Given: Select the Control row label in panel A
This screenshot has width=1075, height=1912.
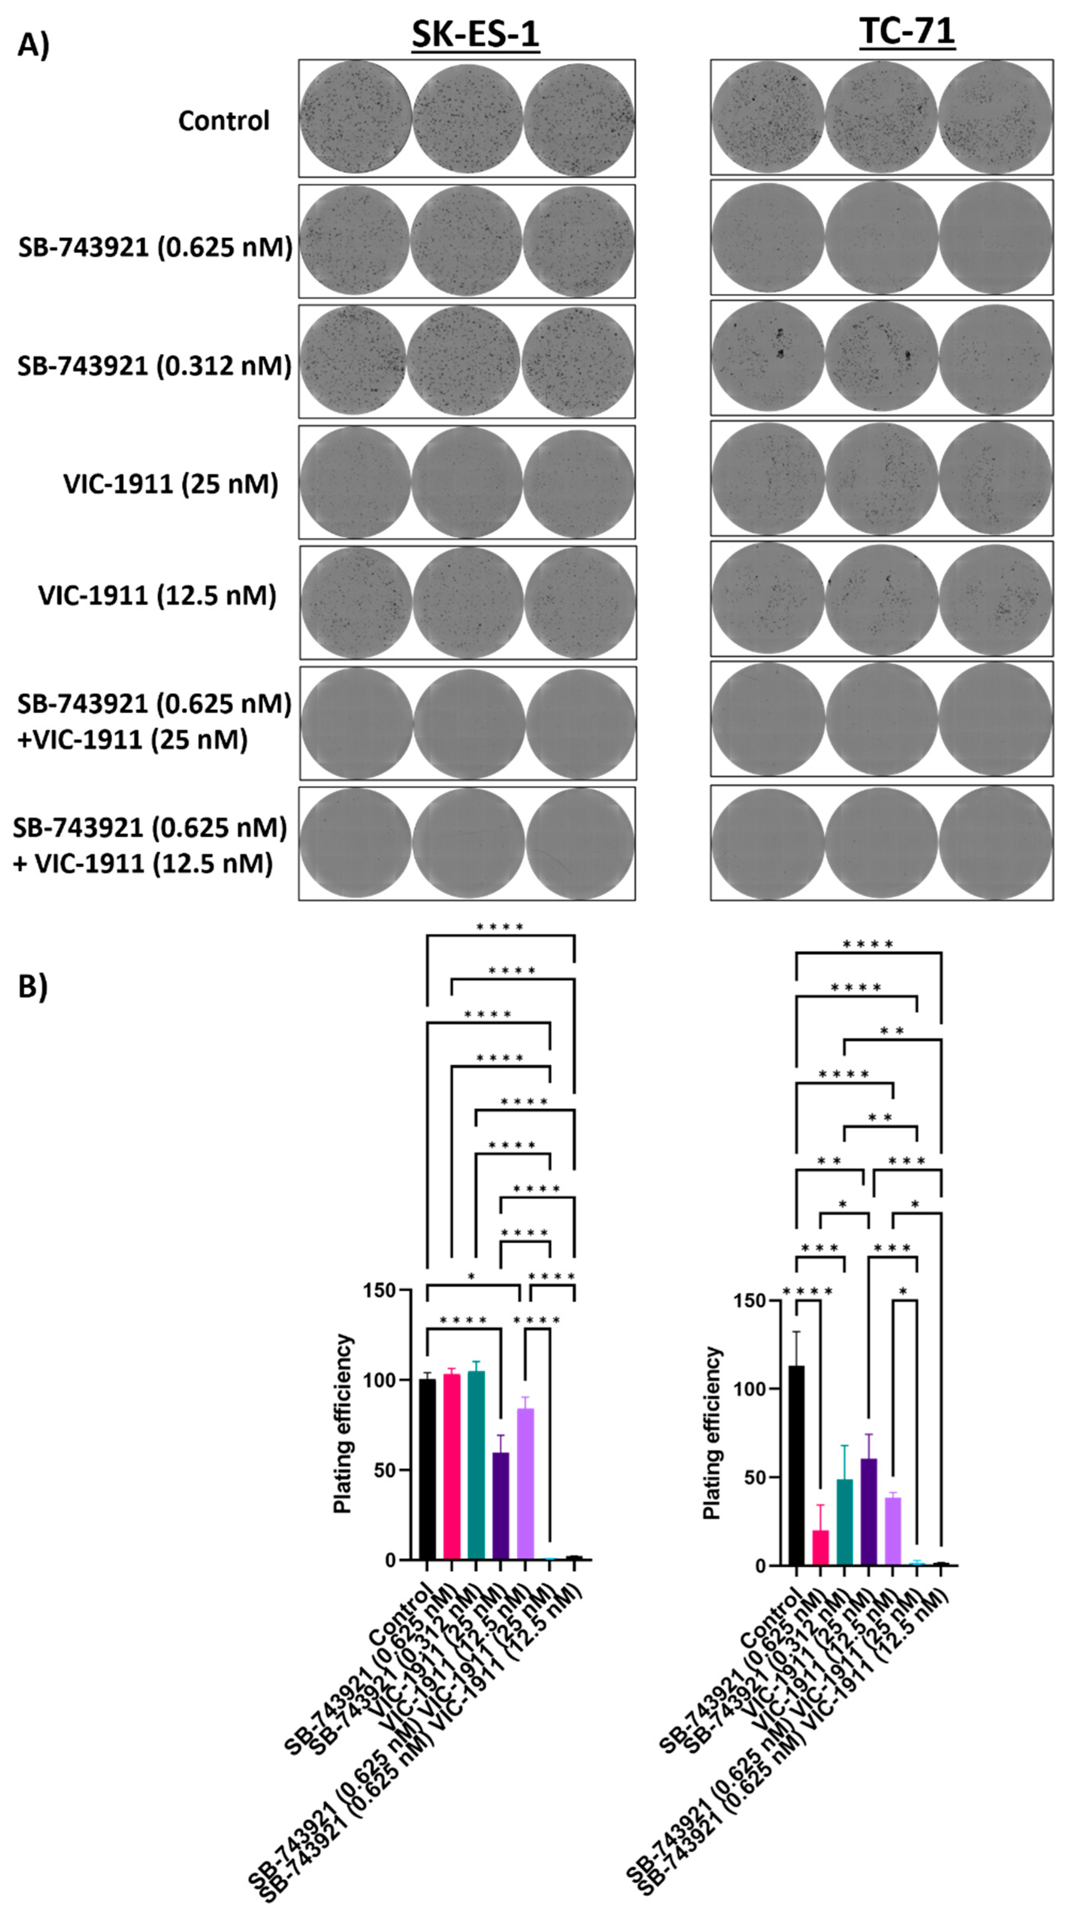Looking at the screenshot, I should pyautogui.click(x=224, y=120).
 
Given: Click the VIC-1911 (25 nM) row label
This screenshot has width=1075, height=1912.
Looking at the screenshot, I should pyautogui.click(x=171, y=484).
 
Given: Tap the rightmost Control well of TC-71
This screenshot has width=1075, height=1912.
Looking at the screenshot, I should pyautogui.click(x=995, y=118).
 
